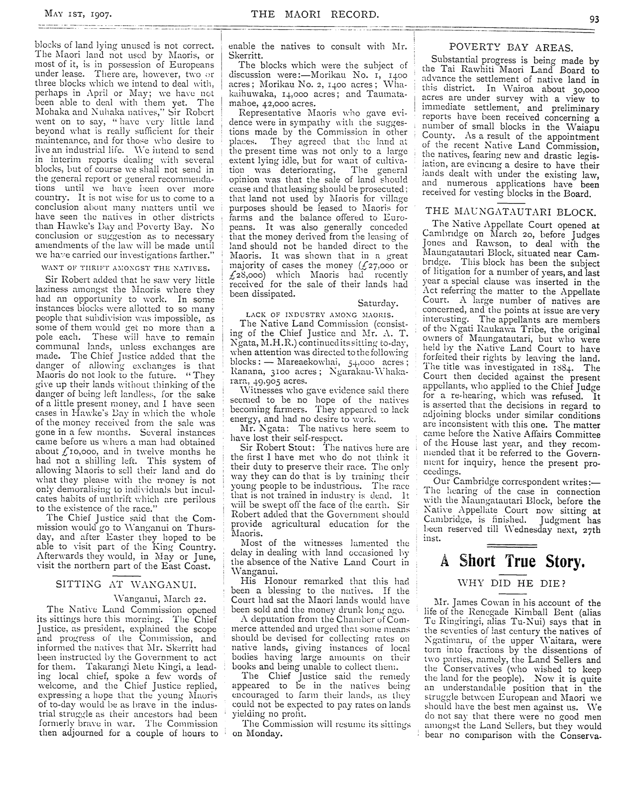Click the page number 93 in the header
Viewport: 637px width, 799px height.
594,19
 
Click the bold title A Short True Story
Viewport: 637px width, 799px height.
511,561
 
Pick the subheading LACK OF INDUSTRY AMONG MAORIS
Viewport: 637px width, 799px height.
319,314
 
